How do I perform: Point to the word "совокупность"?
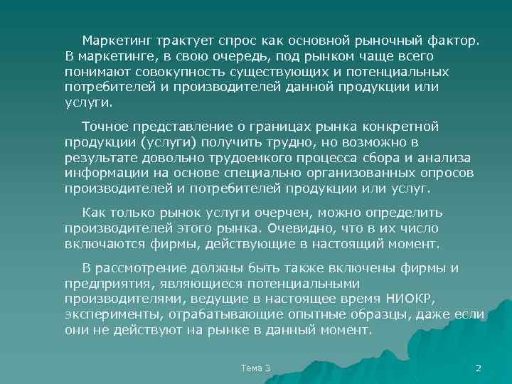161,71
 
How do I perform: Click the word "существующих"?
253,71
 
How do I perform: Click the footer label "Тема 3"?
256,368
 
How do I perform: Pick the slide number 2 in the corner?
478,368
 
